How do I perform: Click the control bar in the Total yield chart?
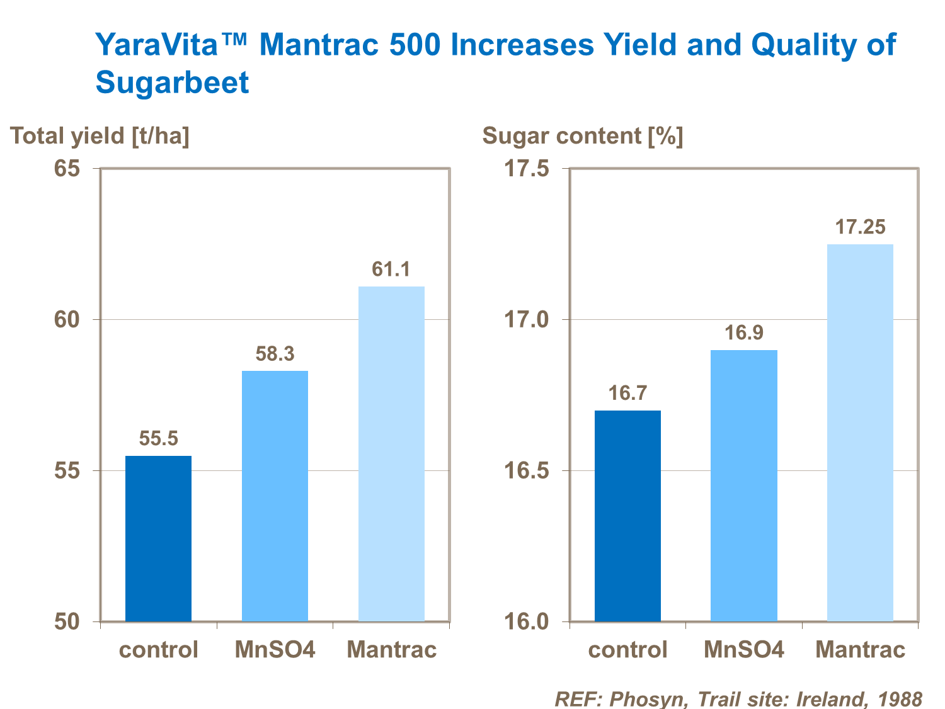[158, 538]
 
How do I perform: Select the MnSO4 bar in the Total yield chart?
[275, 496]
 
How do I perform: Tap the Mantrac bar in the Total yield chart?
[391, 453]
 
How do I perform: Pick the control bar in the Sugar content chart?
[627, 516]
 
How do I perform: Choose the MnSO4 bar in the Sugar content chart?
[744, 485]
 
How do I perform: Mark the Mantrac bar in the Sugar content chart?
[860, 433]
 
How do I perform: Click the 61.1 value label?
[391, 269]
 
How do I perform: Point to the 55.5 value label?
[158, 438]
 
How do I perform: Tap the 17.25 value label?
[860, 227]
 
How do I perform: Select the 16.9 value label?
[744, 332]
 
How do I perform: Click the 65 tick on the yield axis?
[67, 169]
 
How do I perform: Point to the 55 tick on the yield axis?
[67, 471]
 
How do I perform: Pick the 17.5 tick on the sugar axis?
[527, 169]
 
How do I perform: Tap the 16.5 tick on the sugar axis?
[527, 471]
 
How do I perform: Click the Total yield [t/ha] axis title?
[100, 136]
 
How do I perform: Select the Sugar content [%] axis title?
[583, 136]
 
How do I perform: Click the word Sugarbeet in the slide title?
[172, 82]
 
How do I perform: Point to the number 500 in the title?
[416, 45]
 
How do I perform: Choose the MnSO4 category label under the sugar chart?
[744, 650]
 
